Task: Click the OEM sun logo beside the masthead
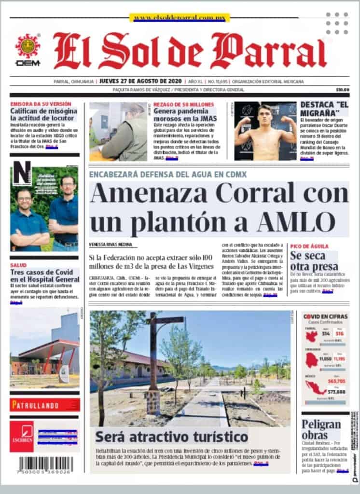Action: click(x=28, y=47)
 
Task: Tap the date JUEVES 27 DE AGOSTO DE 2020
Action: click(x=135, y=81)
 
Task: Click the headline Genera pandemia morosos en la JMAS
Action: click(x=185, y=114)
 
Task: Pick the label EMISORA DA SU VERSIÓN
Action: click(x=41, y=104)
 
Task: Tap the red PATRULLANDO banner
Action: click(x=44, y=404)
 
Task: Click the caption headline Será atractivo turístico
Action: click(x=171, y=437)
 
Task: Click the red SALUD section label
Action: click(x=18, y=265)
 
